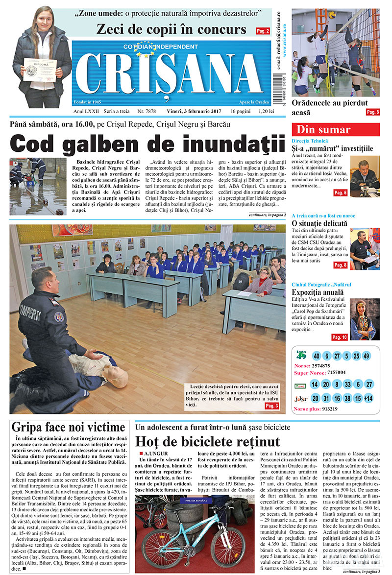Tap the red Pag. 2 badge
tap(262, 31)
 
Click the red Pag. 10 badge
tap(339, 337)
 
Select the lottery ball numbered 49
tap(367, 356)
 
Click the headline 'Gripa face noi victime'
tap(68, 427)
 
